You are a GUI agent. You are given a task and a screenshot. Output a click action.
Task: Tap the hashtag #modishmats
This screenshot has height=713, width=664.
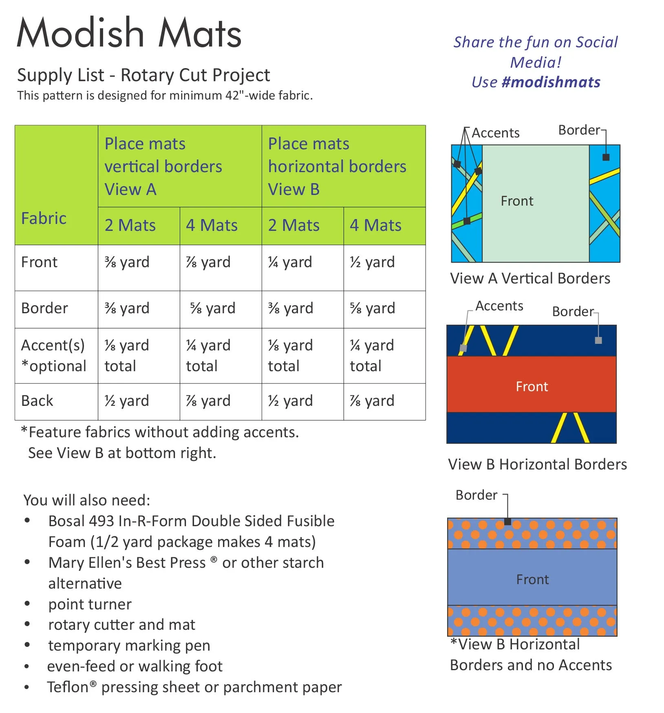point(551,82)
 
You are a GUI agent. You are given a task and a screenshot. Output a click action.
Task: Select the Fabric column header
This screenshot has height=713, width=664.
point(44,218)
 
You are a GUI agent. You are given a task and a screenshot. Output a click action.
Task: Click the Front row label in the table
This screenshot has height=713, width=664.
point(39,262)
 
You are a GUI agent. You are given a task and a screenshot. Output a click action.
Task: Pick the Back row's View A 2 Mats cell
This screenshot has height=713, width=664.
point(126,401)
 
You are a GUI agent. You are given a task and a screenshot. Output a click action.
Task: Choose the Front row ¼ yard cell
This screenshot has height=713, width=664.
point(290,262)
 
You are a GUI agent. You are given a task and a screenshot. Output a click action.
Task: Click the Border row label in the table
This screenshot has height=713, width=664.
point(44,308)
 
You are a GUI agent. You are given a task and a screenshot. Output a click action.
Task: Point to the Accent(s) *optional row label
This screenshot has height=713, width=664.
point(53,356)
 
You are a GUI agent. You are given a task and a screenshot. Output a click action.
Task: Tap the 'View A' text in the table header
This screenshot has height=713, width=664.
point(130,190)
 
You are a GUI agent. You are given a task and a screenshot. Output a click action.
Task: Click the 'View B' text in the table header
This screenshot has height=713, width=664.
point(293,190)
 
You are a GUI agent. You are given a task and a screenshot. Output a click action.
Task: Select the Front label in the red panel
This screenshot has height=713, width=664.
point(532,386)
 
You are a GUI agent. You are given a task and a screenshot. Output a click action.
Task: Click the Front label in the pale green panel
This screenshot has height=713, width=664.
point(517,201)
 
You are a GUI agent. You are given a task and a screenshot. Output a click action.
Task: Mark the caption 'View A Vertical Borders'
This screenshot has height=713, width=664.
point(530,279)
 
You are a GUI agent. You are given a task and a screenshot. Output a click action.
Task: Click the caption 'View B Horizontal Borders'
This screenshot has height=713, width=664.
point(537,465)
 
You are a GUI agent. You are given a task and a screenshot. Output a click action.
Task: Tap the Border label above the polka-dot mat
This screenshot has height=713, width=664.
point(476,495)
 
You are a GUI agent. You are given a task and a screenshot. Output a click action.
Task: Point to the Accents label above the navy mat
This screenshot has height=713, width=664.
point(499,306)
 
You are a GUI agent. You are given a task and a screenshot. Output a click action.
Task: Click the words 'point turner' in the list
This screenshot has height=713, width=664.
point(90,604)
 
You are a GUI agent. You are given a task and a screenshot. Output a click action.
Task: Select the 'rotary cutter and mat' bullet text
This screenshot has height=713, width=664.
point(121,625)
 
